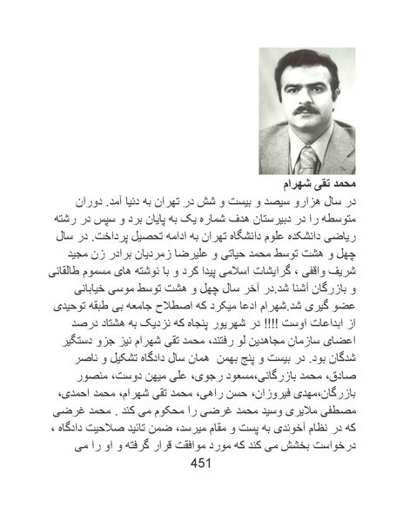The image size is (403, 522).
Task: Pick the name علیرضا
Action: click(195, 253)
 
